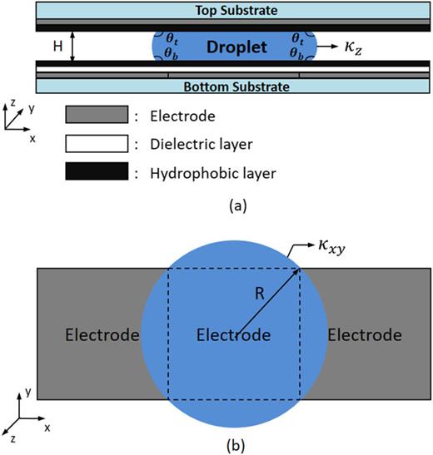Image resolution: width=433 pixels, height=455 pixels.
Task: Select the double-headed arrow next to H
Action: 74,47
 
